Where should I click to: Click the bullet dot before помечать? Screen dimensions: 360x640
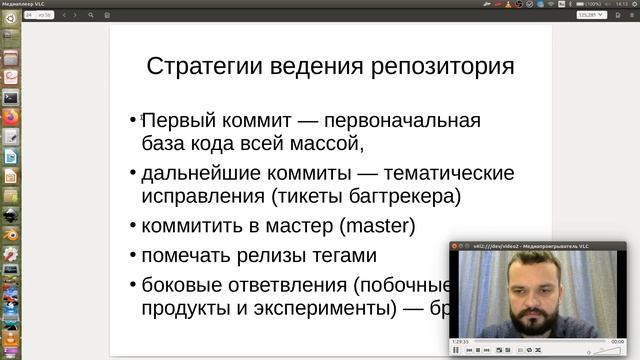[133, 255]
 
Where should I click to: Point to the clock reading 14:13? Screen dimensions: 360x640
[622, 4]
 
